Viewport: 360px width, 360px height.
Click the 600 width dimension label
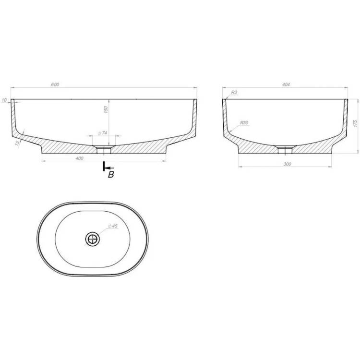[x=55, y=84]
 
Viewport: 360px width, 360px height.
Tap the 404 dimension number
[x=286, y=84]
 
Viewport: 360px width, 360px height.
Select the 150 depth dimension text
[x=106, y=109]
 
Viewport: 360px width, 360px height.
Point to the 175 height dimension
[x=355, y=123]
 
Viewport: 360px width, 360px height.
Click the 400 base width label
[x=79, y=158]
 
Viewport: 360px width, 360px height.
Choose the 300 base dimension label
[x=287, y=164]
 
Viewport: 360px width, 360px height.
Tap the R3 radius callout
[x=234, y=92]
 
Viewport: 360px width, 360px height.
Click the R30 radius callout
[x=244, y=122]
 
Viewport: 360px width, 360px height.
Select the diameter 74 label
[x=102, y=133]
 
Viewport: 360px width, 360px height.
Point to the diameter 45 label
[x=113, y=226]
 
